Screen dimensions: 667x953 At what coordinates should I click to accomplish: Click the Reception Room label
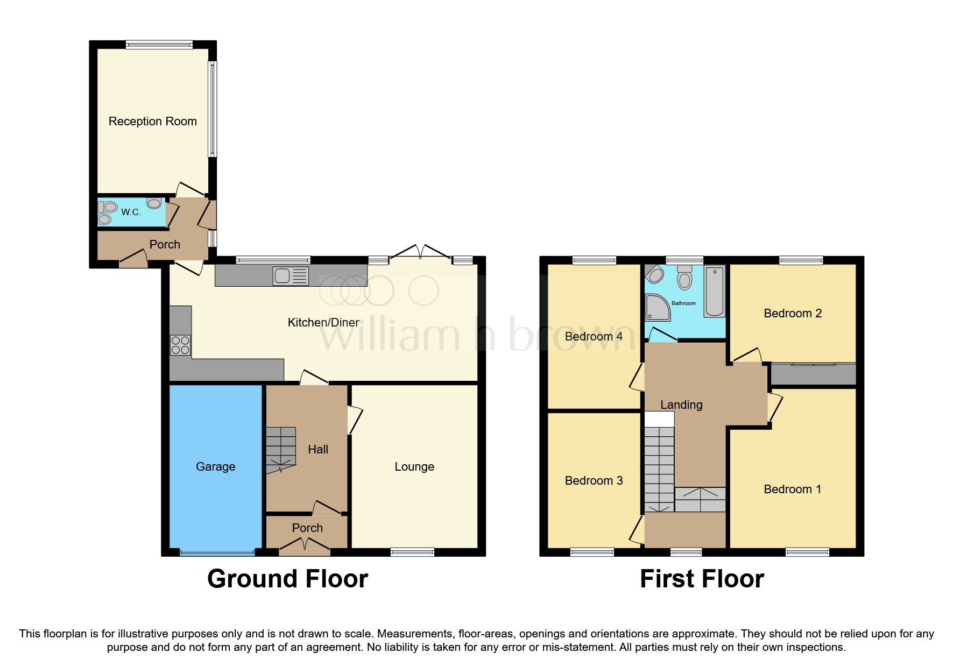click(153, 122)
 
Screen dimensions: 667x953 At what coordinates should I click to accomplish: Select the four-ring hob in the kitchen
click(180, 345)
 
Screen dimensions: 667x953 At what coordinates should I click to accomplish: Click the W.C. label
click(131, 212)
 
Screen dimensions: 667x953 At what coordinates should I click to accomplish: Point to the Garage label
click(215, 467)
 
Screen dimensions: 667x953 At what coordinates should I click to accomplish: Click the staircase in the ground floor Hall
click(280, 450)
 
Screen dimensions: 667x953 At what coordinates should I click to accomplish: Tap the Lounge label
click(414, 467)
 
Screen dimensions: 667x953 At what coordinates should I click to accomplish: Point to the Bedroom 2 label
click(793, 314)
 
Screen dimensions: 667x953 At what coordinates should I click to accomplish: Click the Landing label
click(681, 405)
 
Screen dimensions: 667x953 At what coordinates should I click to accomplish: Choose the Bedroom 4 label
click(594, 337)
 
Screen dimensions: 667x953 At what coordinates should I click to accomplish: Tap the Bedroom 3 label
click(594, 481)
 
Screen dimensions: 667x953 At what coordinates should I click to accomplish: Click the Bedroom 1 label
click(793, 489)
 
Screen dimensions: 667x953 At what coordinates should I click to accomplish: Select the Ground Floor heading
click(287, 579)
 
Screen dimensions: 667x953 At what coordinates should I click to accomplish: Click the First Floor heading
click(702, 579)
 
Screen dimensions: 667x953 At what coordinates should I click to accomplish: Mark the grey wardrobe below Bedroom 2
click(813, 375)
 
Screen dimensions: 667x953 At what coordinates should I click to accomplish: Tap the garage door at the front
click(217, 552)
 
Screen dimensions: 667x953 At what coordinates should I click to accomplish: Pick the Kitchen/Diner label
click(323, 323)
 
